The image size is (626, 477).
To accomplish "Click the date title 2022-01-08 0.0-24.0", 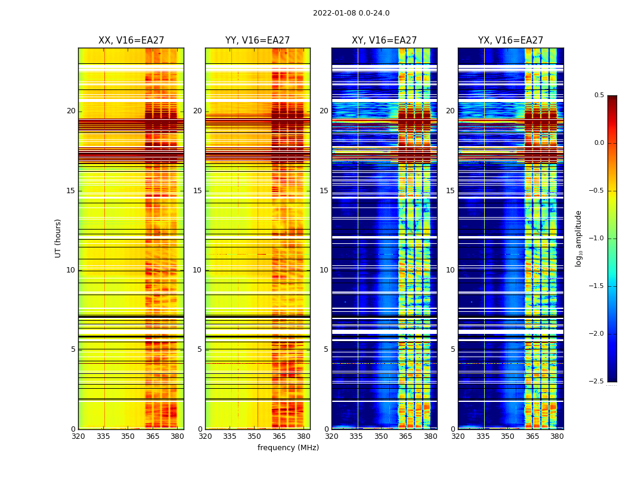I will pos(351,13).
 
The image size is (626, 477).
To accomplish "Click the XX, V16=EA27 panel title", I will pos(131,41).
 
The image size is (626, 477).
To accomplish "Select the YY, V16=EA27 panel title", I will pos(258,41).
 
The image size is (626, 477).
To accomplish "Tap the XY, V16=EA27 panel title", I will pos(384,41).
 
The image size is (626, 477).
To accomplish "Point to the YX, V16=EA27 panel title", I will pos(510,41).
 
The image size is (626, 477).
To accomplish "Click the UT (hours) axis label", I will pos(58,238).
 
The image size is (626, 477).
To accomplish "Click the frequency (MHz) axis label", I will pos(288,448).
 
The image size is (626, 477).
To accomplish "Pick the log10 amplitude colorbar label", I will pos(578,238).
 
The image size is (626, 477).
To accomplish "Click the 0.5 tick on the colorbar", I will pos(599,95).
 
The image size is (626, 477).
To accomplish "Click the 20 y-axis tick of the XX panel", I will pos(71,111).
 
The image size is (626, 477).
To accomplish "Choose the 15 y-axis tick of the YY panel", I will pos(198,191).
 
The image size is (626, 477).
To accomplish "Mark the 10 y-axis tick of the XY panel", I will pos(324,270).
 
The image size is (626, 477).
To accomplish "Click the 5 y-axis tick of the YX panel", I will pos(453,349).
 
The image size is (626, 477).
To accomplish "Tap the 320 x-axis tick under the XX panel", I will pos(78,436).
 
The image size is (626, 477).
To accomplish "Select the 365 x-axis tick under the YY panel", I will pos(279,436).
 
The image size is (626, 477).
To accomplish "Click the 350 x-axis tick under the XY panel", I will pos(381,436).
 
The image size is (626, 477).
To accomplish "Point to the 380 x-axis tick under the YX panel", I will pos(557,436).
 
